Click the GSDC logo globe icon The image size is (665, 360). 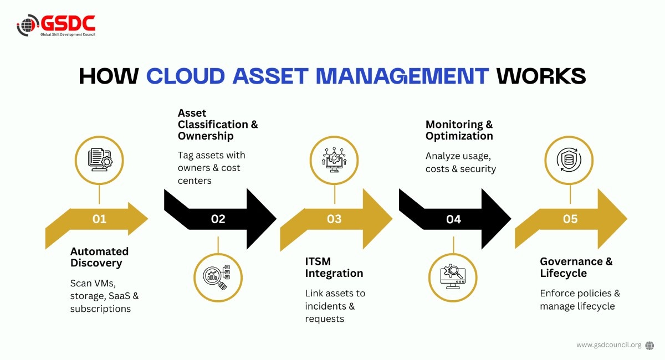[27, 25]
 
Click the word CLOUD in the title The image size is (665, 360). [186, 76]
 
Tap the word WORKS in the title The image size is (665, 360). [541, 76]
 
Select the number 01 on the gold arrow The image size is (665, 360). [99, 219]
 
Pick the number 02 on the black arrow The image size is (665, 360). [218, 219]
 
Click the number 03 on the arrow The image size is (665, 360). [334, 219]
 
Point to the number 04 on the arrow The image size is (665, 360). [454, 219]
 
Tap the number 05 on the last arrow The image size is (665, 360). [570, 219]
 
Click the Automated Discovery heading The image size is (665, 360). [99, 257]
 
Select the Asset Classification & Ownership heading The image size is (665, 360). [218, 125]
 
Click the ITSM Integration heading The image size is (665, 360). [334, 267]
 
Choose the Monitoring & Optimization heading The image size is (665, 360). [459, 130]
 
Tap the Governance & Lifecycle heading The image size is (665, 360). [576, 267]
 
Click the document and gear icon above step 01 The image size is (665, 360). [100, 160]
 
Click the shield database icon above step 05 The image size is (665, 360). [569, 160]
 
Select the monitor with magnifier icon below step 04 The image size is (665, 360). [453, 276]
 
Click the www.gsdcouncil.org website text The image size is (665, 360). [609, 345]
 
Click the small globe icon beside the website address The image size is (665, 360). [649, 346]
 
